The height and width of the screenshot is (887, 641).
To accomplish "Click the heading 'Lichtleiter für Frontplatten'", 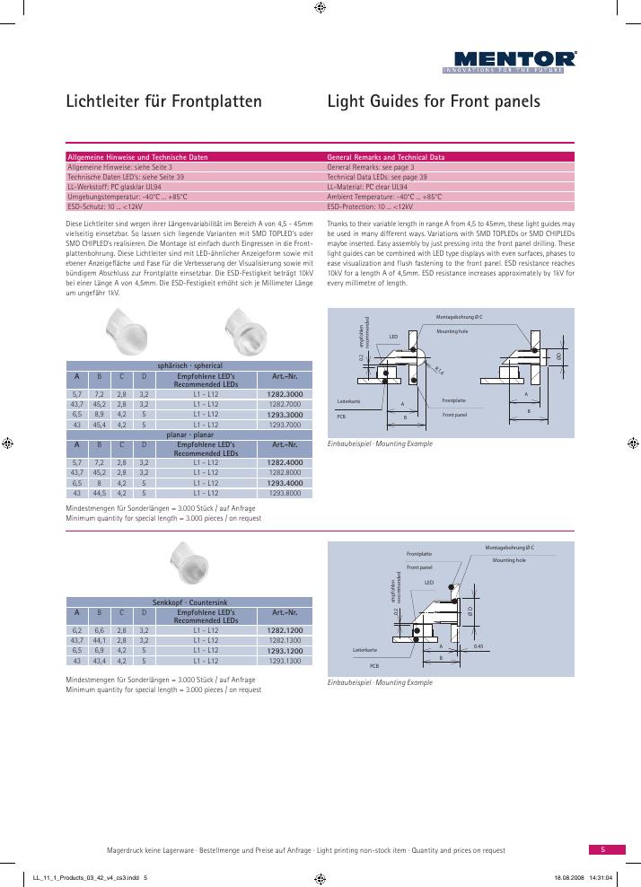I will tap(164, 101).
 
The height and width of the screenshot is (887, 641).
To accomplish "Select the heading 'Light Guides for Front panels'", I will tap(435, 101).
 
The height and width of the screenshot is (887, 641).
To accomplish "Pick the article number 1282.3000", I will tap(285, 394).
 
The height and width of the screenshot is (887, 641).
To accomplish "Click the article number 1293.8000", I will tap(285, 493).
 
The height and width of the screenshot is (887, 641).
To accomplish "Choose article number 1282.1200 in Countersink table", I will tap(285, 631).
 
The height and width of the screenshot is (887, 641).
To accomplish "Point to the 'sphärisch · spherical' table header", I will tap(189, 366).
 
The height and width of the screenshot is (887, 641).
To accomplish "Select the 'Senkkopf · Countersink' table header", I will tap(189, 601).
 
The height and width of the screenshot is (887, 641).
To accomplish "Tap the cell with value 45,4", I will tap(100, 424).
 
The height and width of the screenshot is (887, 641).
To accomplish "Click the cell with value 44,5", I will tap(100, 493).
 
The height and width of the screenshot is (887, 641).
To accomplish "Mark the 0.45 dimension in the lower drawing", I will tap(479, 646).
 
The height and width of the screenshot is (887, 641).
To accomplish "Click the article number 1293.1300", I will tap(285, 661).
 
